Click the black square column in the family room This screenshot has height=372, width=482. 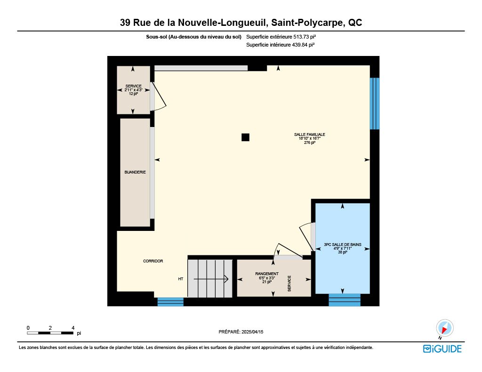coord(245,137)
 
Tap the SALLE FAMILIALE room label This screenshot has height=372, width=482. coord(310,135)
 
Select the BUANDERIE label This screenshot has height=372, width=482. coord(135,172)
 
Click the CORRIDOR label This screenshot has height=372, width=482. coord(153,261)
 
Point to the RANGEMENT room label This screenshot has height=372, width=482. coord(267,274)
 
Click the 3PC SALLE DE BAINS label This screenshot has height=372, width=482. coord(343,245)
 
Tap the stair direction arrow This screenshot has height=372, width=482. coord(211,279)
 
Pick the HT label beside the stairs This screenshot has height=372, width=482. coord(181,279)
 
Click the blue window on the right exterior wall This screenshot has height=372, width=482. coord(374,103)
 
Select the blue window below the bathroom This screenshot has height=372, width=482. coord(345,300)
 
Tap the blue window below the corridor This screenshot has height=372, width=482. coord(170,301)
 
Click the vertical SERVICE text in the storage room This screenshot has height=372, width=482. coord(289,284)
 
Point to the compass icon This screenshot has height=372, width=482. coord(444,328)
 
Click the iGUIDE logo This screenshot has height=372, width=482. coord(442,349)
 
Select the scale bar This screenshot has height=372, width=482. coord(50,333)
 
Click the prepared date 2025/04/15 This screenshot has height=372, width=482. coord(252,332)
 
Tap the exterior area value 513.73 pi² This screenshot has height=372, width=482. coord(305,37)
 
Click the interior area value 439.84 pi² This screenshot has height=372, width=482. coord(303,45)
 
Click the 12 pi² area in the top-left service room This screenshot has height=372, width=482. coord(133,94)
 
